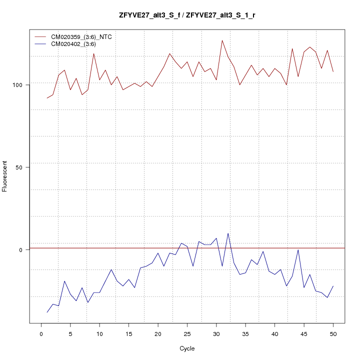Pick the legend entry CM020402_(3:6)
[x=73, y=44]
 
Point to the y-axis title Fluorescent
[x=5, y=176]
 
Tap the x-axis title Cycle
[x=187, y=348]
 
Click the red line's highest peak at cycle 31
[x=222, y=40]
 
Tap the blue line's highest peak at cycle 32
[x=228, y=233]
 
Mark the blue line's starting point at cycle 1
[x=47, y=312]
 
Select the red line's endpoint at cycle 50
[x=333, y=71]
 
